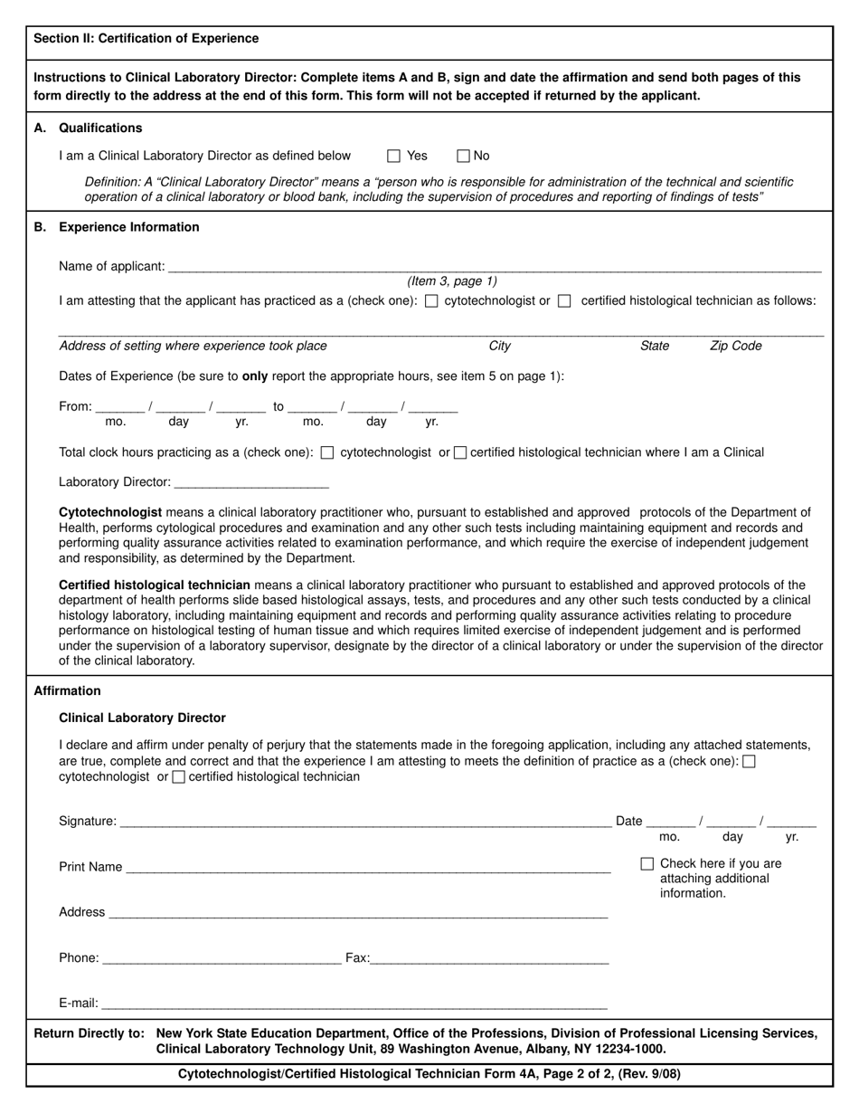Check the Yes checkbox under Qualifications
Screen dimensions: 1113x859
click(x=393, y=156)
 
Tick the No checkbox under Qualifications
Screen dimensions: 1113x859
click(x=464, y=156)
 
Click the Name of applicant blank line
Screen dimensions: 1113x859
click(x=494, y=267)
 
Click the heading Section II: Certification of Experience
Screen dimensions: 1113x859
click(x=146, y=38)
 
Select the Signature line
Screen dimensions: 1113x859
click(x=364, y=822)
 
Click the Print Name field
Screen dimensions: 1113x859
click(x=368, y=867)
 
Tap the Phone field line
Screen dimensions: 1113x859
click(x=222, y=958)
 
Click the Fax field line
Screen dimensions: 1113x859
click(x=489, y=958)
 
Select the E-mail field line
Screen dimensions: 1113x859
click(x=353, y=1004)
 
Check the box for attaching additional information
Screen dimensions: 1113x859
click(x=647, y=864)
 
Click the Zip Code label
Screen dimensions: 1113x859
click(x=735, y=346)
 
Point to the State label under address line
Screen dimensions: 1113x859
click(x=655, y=346)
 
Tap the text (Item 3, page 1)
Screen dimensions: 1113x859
click(x=452, y=281)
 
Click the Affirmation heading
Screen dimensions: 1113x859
click(x=67, y=690)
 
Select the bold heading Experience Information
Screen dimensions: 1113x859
click(x=128, y=227)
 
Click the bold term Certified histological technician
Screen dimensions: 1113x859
click(x=155, y=585)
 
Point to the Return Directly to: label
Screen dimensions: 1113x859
click(x=89, y=1033)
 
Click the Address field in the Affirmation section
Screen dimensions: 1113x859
click(x=357, y=913)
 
